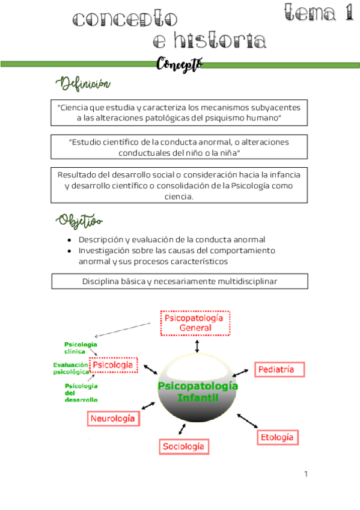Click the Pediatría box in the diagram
pyautogui.click(x=280, y=370)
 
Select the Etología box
pyautogui.click(x=278, y=437)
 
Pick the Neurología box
pyautogui.click(x=114, y=418)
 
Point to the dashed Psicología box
pyautogui.click(x=114, y=365)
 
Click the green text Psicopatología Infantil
pyautogui.click(x=197, y=392)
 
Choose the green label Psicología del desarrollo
pyautogui.click(x=81, y=392)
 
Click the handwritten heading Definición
pyautogui.click(x=84, y=82)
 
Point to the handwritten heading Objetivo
pyautogui.click(x=80, y=220)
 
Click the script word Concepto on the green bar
pyautogui.click(x=179, y=63)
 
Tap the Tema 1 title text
pyautogui.click(x=319, y=13)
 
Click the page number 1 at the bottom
pyautogui.click(x=306, y=475)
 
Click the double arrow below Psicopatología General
pyautogui.click(x=197, y=346)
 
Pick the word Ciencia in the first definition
pyautogui.click(x=78, y=107)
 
